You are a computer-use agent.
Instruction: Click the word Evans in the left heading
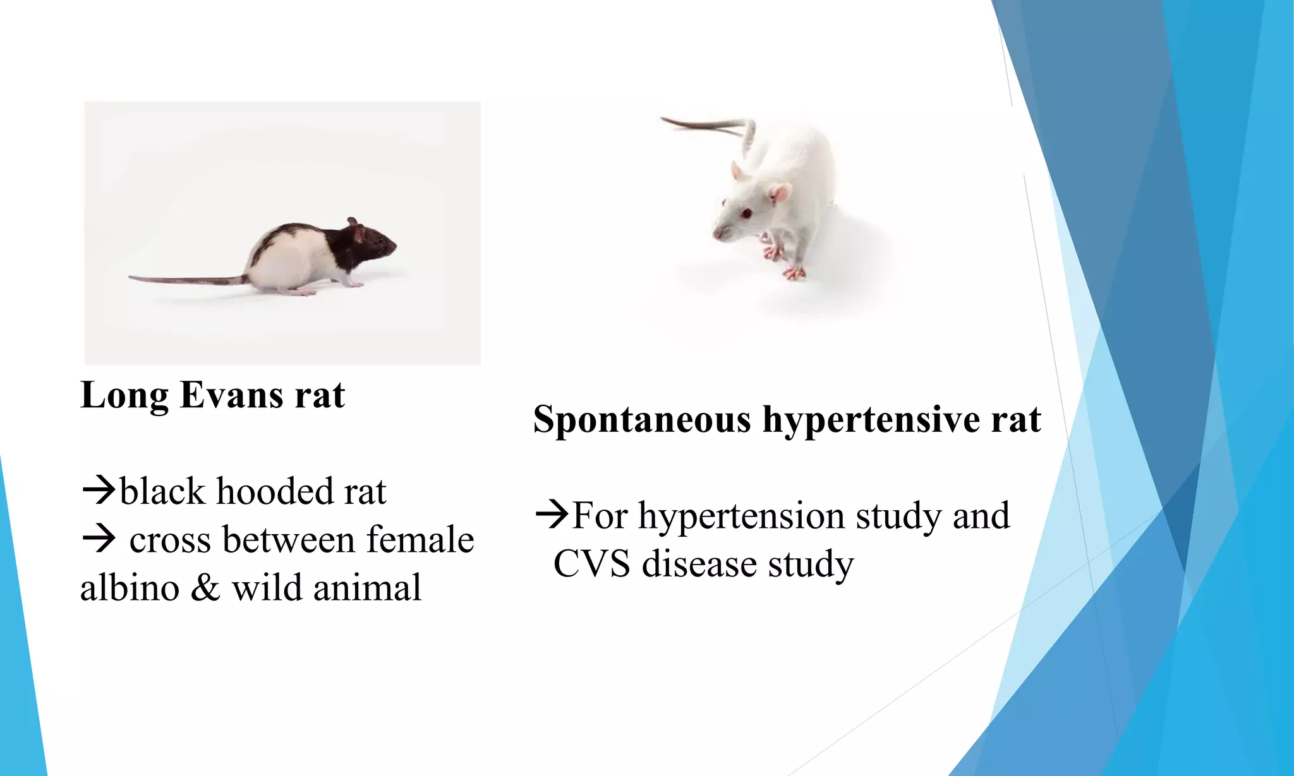click(231, 395)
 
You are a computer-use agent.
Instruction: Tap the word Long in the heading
click(124, 397)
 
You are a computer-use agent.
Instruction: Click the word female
click(420, 540)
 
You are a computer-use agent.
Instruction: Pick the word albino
click(130, 588)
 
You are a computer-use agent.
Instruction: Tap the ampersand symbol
click(205, 588)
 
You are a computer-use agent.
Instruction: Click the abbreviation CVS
click(591, 564)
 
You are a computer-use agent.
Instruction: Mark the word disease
click(699, 564)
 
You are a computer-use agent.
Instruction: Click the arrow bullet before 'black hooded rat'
click(99, 491)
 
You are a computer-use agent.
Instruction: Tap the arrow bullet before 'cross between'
click(99, 540)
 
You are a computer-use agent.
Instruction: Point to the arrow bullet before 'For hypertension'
click(552, 515)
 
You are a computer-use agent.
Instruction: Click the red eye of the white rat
click(746, 213)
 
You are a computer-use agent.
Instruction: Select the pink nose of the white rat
click(717, 234)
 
